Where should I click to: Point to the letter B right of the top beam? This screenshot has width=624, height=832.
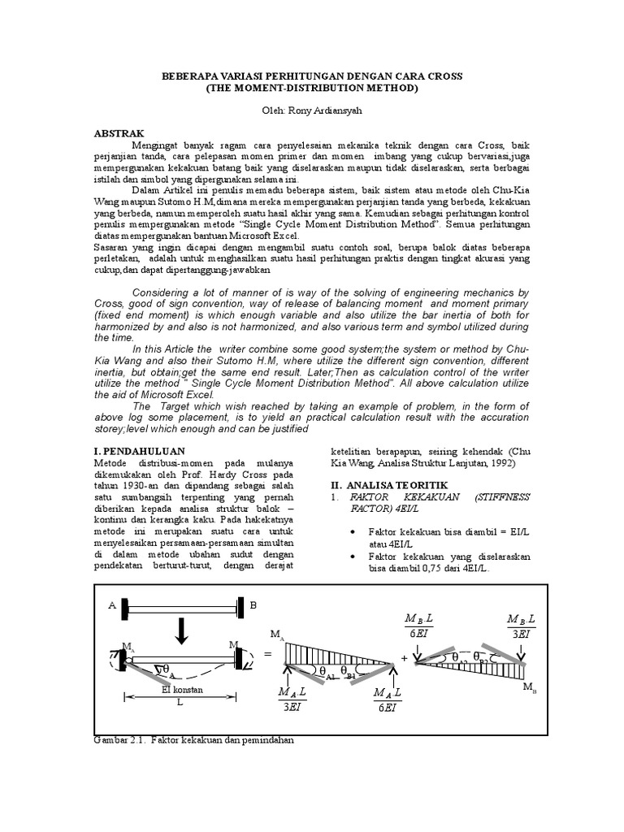coord(253,604)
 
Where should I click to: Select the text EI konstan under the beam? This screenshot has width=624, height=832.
coord(181,690)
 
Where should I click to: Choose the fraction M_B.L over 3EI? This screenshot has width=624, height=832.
coord(520,623)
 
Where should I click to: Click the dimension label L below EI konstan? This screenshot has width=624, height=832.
coord(180,704)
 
